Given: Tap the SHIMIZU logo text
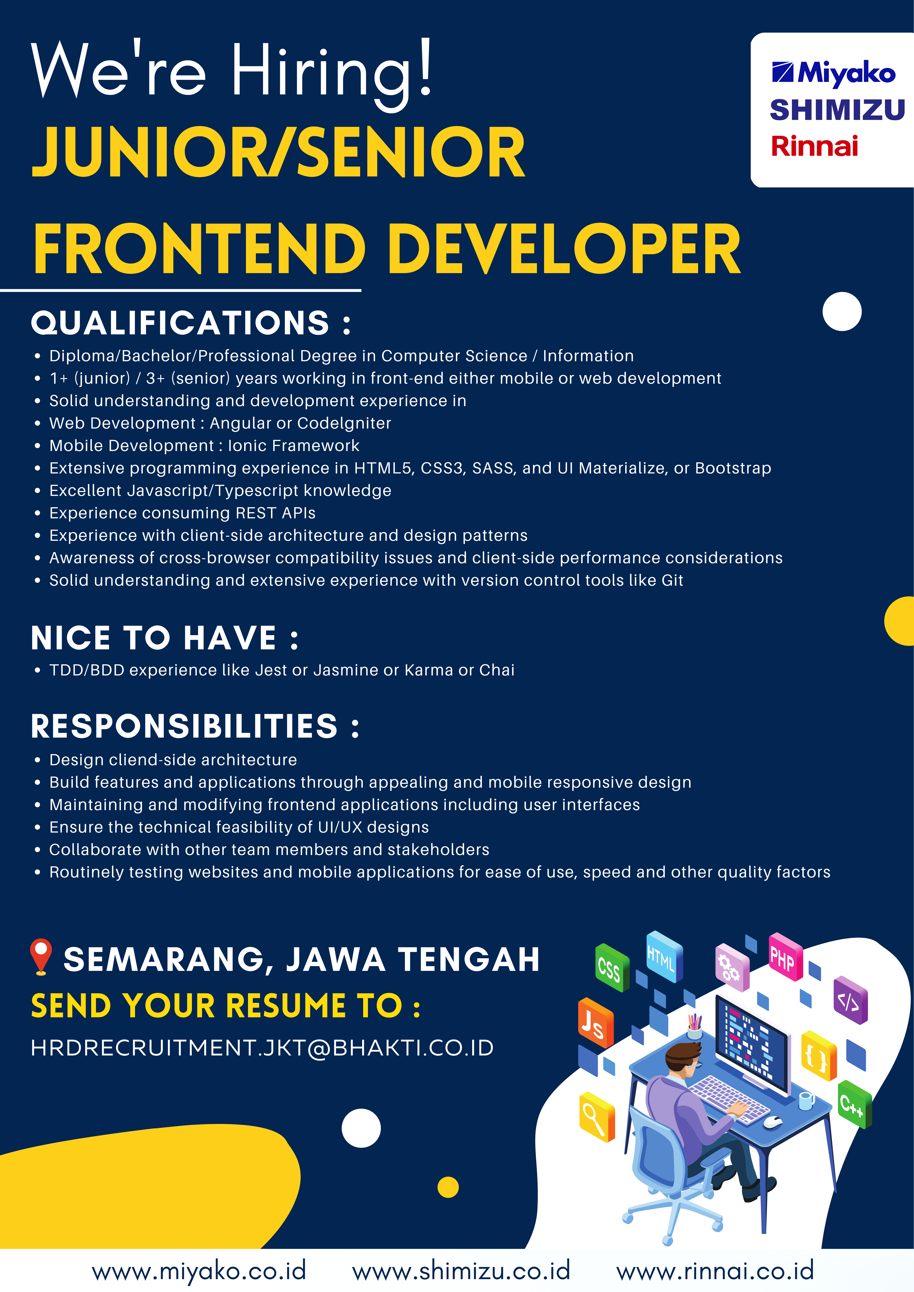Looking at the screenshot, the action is point(837,110).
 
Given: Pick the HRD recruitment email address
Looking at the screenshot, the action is point(262,1048).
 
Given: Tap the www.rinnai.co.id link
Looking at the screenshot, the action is point(715,1271).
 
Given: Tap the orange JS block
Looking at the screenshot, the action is point(595,1023).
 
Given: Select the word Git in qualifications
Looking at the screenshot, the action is point(672,580).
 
